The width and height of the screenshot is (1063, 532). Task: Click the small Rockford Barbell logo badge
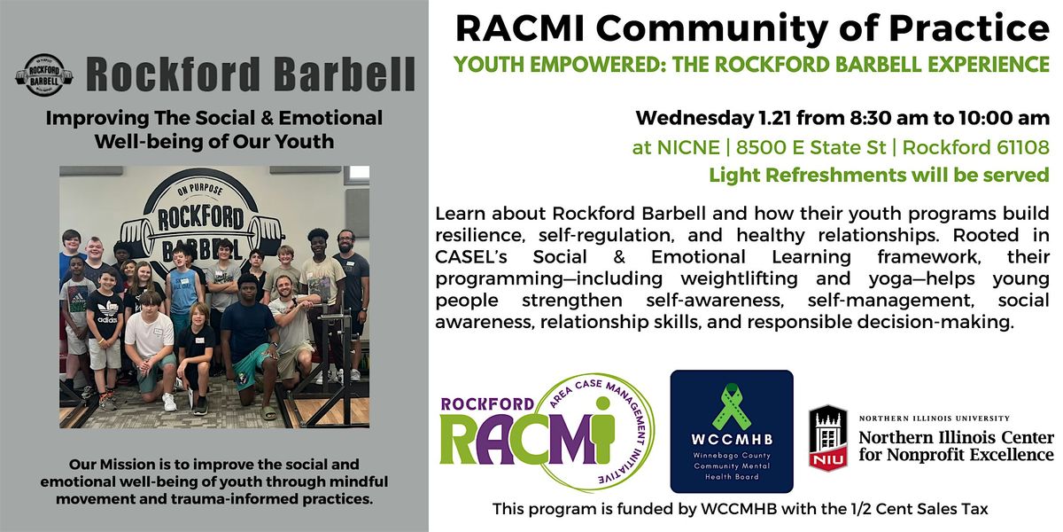[x=43, y=75]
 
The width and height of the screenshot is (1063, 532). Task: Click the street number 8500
[x=763, y=146]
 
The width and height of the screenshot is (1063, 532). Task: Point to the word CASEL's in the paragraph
[x=469, y=257]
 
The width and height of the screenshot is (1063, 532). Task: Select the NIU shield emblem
[x=828, y=437]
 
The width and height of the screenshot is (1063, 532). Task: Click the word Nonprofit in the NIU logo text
[x=930, y=455]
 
